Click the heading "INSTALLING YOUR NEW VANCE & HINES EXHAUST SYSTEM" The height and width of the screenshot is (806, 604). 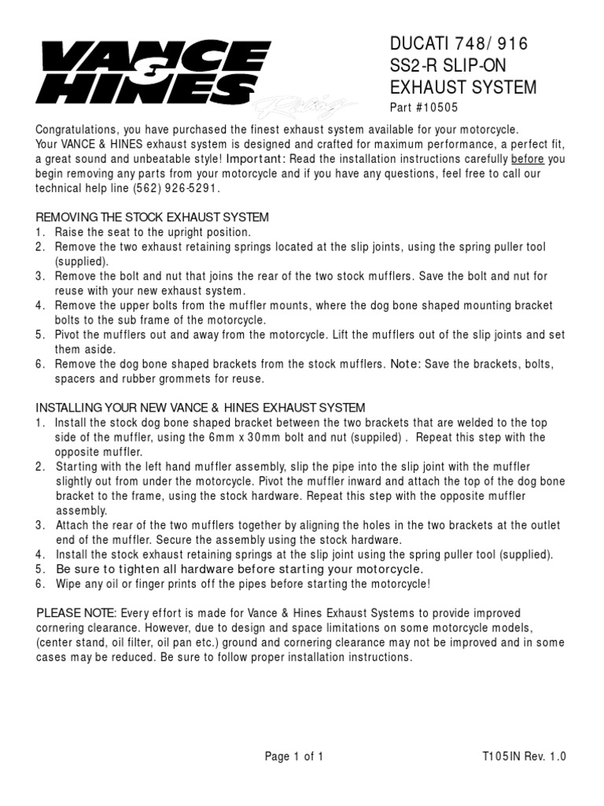[x=201, y=408]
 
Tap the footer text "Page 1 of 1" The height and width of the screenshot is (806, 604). [x=294, y=757]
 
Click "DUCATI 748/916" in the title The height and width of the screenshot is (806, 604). [x=459, y=45]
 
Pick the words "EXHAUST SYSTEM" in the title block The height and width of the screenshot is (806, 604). [x=464, y=87]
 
